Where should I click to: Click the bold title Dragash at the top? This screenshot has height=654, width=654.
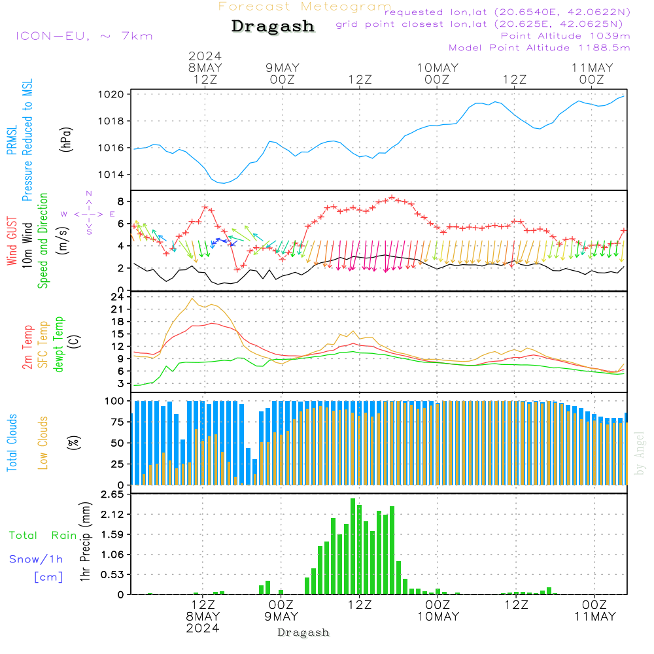(x=273, y=27)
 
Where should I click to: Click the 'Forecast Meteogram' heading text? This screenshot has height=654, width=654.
(x=305, y=7)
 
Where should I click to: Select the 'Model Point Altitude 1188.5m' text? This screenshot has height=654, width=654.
(x=539, y=48)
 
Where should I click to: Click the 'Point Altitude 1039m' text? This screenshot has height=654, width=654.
(x=565, y=35)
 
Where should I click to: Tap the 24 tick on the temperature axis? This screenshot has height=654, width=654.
(x=118, y=296)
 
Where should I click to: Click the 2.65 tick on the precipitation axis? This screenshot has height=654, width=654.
(x=114, y=494)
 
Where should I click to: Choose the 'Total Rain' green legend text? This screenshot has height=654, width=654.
(x=43, y=536)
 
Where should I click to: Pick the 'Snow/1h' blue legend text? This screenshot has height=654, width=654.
(x=36, y=559)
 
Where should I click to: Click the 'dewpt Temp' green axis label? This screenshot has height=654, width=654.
(x=60, y=345)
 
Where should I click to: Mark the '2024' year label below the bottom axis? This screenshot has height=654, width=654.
(x=202, y=628)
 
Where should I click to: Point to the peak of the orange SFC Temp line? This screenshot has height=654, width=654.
(x=192, y=298)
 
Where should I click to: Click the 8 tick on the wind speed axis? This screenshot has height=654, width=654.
(x=121, y=201)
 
